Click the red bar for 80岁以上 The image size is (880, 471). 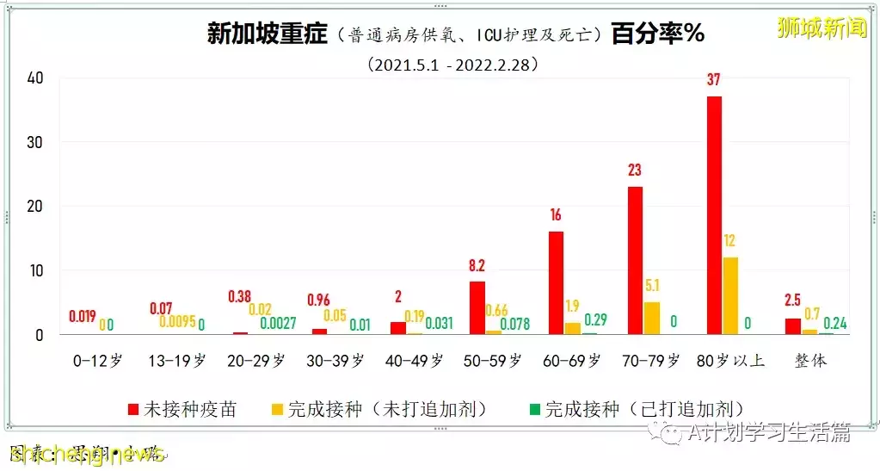713,215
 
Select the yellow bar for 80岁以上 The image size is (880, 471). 731,295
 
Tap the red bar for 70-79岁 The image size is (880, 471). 635,260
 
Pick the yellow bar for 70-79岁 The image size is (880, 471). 653,318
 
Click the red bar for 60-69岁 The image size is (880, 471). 556,282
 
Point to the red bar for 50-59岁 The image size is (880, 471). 477,307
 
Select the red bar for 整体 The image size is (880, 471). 792,326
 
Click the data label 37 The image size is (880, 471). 713,80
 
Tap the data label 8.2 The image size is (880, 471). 477,265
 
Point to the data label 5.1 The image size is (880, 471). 653,286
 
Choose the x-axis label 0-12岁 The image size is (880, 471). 99,361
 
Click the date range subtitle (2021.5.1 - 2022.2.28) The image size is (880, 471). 453,64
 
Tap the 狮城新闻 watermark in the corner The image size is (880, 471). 822,28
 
